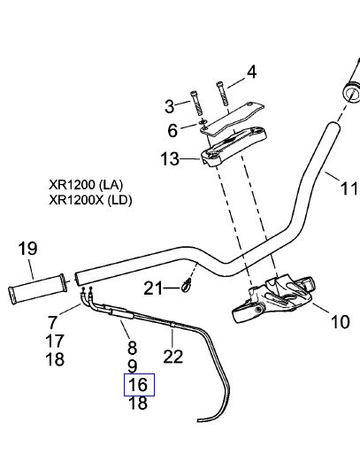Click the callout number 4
(x=252, y=73)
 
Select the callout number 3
(x=170, y=106)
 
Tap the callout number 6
(x=172, y=131)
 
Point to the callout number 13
(x=170, y=158)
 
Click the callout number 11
(x=349, y=189)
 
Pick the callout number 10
(x=341, y=322)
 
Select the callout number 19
(x=27, y=249)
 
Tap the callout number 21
(x=153, y=288)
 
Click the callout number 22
(x=173, y=357)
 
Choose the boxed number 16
(x=138, y=385)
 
